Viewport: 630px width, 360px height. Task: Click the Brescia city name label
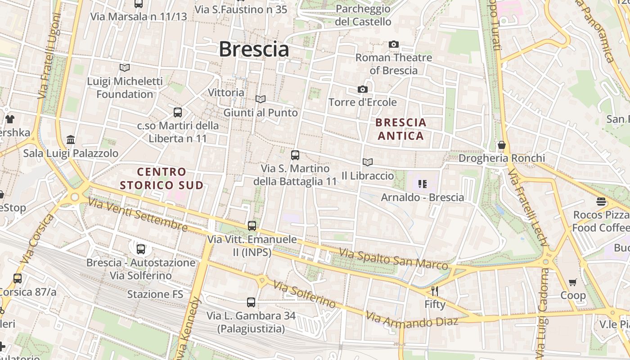[254, 49]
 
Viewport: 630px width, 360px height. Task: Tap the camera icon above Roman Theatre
[394, 44]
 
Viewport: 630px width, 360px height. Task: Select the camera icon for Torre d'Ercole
[362, 89]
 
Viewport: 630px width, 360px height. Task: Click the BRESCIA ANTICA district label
[401, 129]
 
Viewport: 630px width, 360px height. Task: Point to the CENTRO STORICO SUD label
[162, 178]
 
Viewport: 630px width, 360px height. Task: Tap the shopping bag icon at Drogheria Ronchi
[501, 145]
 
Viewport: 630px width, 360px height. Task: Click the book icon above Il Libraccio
[368, 162]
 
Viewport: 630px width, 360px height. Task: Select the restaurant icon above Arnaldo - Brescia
[422, 184]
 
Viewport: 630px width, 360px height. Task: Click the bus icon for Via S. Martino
[295, 155]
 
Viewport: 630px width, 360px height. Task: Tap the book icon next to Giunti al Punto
[260, 99]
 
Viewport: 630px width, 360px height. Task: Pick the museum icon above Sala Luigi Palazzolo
[71, 139]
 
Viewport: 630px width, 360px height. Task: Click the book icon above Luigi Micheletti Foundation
[125, 67]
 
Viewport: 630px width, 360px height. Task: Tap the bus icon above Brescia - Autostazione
[141, 249]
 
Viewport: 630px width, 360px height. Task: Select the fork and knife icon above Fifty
[434, 291]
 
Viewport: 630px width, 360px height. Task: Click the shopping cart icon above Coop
[572, 283]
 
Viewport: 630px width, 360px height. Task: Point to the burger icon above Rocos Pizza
[601, 201]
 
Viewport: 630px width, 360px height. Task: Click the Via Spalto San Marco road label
[394, 259]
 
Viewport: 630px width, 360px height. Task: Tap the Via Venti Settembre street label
[137, 215]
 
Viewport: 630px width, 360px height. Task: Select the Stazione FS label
[155, 294]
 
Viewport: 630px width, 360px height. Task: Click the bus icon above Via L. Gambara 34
[251, 302]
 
